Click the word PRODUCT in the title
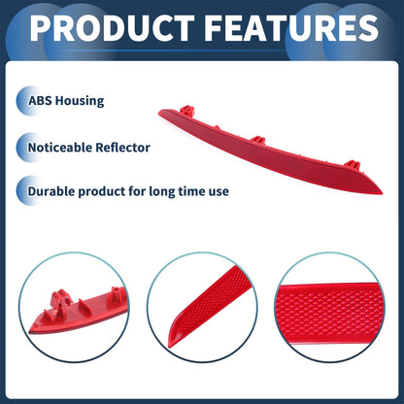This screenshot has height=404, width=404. click(x=113, y=27)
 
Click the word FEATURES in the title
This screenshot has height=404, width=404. click(x=291, y=27)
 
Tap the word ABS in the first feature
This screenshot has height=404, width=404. click(x=40, y=101)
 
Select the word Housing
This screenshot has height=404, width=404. click(x=80, y=101)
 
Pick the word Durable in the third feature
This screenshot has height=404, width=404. click(x=51, y=191)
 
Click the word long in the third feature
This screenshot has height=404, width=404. click(x=159, y=191)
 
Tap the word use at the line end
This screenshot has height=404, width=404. click(x=219, y=191)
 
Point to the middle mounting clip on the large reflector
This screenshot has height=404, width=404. click(x=258, y=140)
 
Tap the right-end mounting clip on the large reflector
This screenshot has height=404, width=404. click(x=353, y=165)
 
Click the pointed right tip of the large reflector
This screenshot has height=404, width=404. click(x=382, y=193)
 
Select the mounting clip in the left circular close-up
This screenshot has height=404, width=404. click(x=60, y=300)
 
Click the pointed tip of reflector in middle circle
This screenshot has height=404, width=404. click(x=169, y=346)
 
